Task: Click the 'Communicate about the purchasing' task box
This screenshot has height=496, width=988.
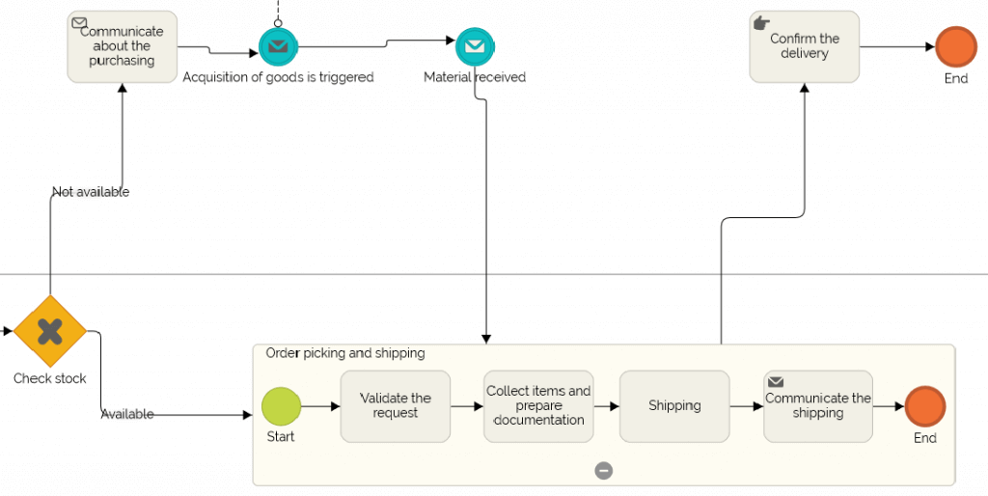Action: [122, 46]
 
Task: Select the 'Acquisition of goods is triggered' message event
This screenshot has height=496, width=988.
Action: [278, 45]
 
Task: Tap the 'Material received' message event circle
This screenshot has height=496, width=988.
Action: [474, 45]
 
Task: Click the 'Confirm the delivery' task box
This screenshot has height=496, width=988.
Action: [804, 46]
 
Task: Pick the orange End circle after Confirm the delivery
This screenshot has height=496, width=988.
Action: [955, 46]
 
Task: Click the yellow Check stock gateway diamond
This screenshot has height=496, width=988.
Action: [50, 332]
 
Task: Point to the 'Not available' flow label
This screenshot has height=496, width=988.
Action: [91, 192]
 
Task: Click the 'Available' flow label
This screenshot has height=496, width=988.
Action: [127, 414]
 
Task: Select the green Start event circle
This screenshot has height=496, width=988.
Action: [281, 406]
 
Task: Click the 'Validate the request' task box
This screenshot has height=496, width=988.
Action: [395, 406]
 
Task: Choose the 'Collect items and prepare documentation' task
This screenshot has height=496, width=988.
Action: [538, 406]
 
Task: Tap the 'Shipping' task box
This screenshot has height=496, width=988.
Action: [674, 406]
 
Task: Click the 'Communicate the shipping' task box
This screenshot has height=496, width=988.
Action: [817, 406]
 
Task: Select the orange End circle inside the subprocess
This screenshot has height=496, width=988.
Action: [924, 406]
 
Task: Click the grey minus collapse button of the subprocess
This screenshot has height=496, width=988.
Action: [604, 471]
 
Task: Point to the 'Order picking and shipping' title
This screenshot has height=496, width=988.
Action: [345, 353]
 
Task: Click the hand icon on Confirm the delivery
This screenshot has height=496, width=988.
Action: [761, 22]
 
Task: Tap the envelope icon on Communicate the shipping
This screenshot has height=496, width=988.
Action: [776, 383]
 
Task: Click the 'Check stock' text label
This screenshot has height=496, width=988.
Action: [50, 378]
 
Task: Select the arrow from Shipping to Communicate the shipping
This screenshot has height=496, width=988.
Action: [746, 406]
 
